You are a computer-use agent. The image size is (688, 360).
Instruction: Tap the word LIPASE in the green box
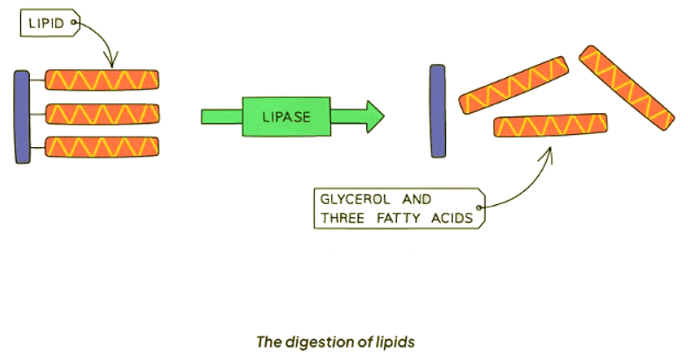(x=285, y=116)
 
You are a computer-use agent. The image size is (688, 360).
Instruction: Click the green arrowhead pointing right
(x=372, y=116)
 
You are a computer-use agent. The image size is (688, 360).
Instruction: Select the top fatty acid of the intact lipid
(x=103, y=80)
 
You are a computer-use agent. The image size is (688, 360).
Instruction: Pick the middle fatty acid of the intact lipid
(x=103, y=114)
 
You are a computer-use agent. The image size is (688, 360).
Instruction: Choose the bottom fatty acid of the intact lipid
(x=103, y=146)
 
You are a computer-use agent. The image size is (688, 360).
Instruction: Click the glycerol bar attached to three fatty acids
(x=21, y=116)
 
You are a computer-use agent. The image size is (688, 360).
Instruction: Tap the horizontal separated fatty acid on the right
(x=551, y=126)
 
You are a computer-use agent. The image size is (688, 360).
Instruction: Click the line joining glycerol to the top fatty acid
(x=36, y=81)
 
